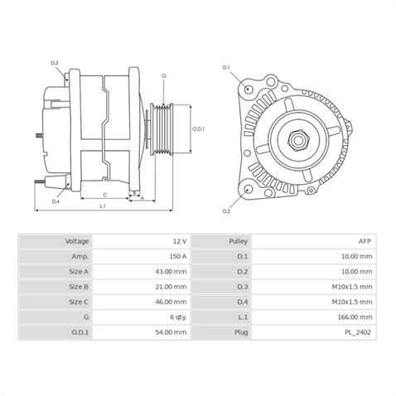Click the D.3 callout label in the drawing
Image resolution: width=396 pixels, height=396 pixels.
tap(55, 63)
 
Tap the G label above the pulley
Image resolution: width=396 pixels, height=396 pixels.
tap(164, 76)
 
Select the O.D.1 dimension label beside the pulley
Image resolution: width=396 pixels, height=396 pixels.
tap(199, 129)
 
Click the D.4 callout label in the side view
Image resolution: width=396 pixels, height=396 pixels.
tap(56, 201)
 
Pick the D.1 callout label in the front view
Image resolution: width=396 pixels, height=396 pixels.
tap(226, 67)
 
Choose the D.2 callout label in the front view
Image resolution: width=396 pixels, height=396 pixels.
tap(226, 211)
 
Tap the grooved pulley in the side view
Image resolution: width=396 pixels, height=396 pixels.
tap(164, 128)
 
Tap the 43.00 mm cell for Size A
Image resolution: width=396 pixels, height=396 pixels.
tap(171, 271)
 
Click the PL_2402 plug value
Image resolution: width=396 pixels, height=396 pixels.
tap(360, 332)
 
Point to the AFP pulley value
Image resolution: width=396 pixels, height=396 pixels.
tap(365, 240)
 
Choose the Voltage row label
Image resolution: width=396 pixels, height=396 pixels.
tap(77, 240)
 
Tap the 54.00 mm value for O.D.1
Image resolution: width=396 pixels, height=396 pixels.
tap(171, 332)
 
